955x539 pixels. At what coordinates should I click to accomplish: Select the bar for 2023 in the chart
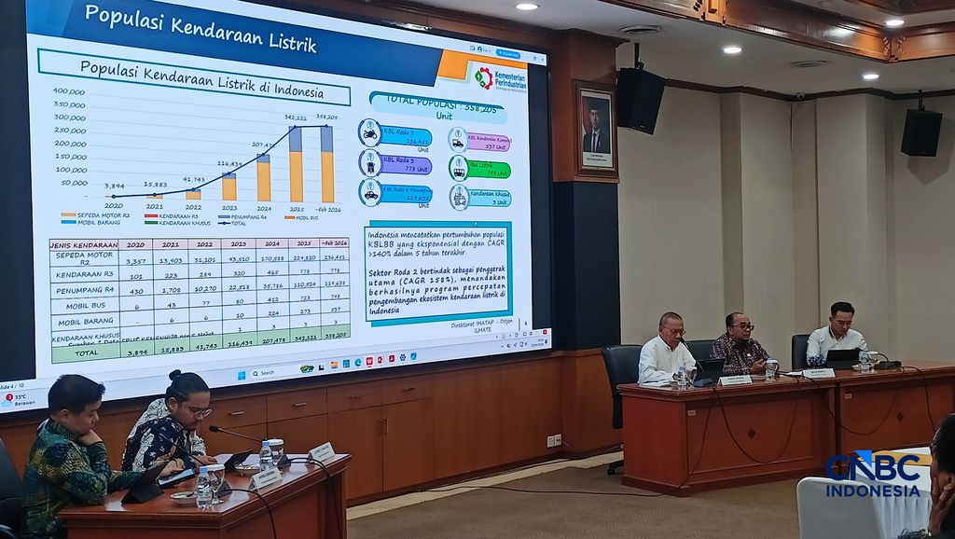point(228,187)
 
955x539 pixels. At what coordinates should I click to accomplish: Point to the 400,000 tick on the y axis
point(69,91)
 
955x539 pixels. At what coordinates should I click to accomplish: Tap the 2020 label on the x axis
point(114,205)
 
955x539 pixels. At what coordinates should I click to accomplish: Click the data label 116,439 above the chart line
point(229,164)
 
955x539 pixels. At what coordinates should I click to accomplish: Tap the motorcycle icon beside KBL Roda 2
point(370,132)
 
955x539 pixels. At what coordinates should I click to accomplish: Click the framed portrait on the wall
point(595,130)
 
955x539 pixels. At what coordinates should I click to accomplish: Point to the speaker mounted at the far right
point(920,131)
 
